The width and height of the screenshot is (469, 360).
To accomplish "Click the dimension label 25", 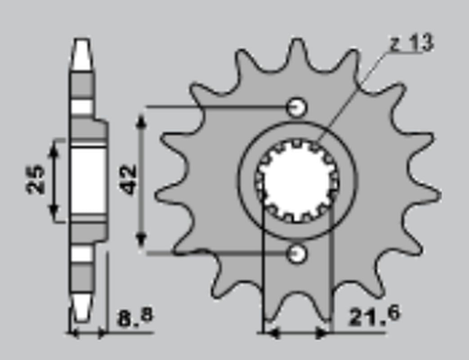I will tap(36, 180).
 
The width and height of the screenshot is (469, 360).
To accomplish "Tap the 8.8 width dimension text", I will tap(135, 317).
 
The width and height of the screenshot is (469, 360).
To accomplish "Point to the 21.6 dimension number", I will tap(374, 316).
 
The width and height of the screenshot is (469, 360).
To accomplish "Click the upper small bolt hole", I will tap(297, 107).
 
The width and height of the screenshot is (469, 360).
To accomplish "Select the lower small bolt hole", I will tap(297, 254).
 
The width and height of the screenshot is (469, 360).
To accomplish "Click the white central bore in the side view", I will tap(88, 180).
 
